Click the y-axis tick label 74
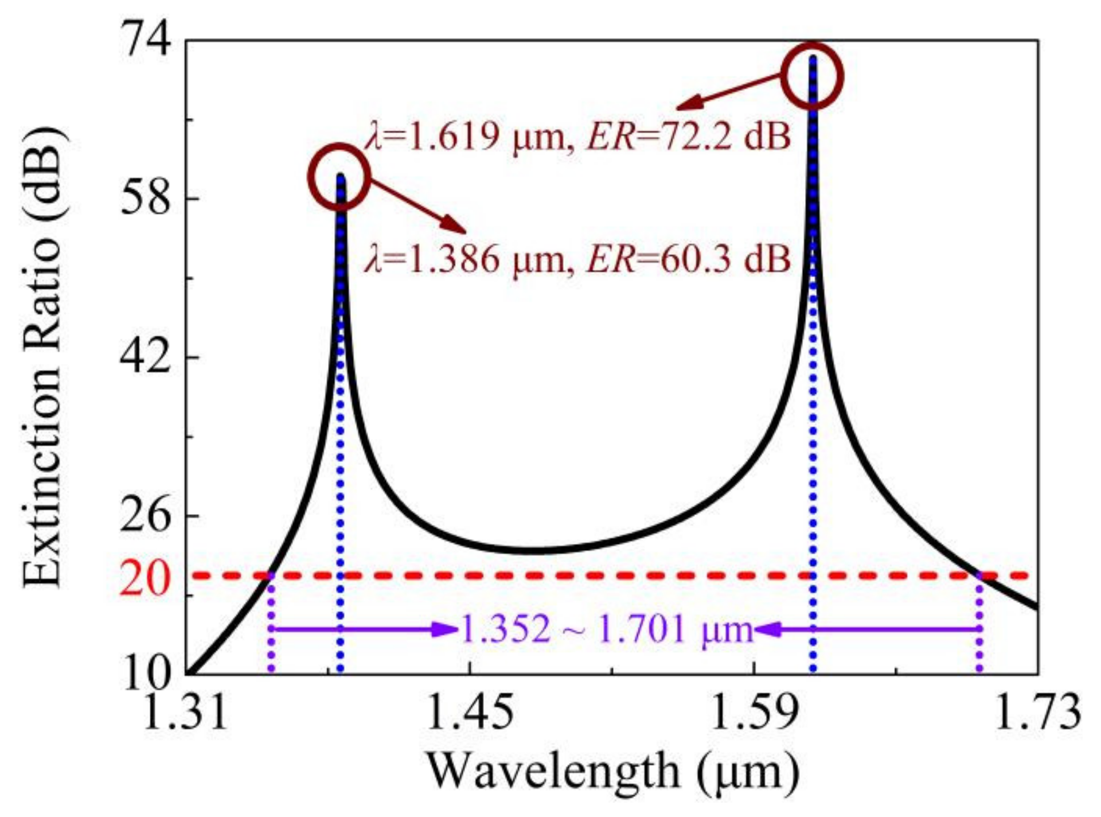(146, 41)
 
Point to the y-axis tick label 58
(146, 199)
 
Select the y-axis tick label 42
(146, 357)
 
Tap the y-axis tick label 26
(146, 515)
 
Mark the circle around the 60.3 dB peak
(339, 177)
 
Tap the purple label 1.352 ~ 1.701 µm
(606, 630)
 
